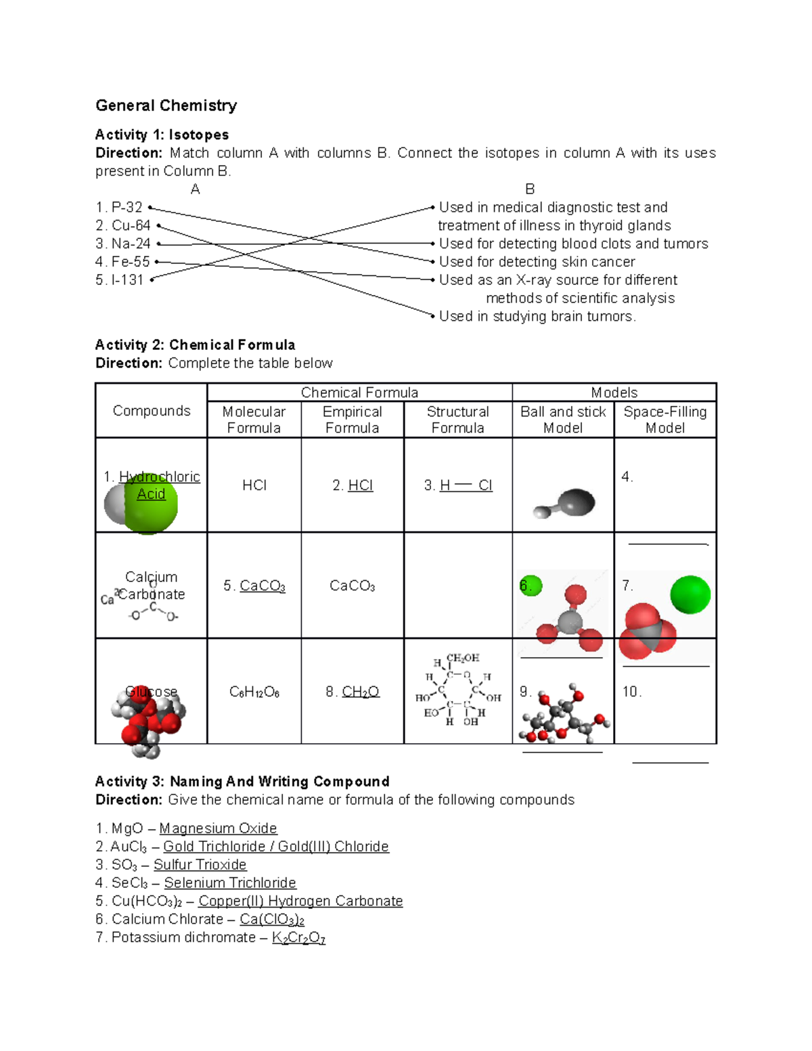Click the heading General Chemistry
(166, 106)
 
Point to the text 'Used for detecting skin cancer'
(537, 262)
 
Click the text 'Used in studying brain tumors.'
(537, 316)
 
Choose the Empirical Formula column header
(352, 420)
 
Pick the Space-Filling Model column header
(664, 420)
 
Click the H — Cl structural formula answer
(466, 485)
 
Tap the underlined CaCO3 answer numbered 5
(262, 586)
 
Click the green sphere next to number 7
(690, 594)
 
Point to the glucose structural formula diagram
(458, 690)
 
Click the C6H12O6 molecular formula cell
(254, 692)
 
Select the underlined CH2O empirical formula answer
(360, 692)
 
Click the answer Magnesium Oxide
(218, 828)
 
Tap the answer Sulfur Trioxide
(200, 865)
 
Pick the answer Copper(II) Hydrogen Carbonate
(300, 901)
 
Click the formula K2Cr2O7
(298, 938)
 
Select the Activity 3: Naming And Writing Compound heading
(242, 782)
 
